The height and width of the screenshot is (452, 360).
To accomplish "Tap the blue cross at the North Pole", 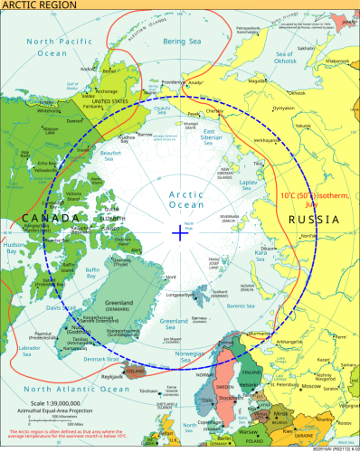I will click(180, 232).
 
